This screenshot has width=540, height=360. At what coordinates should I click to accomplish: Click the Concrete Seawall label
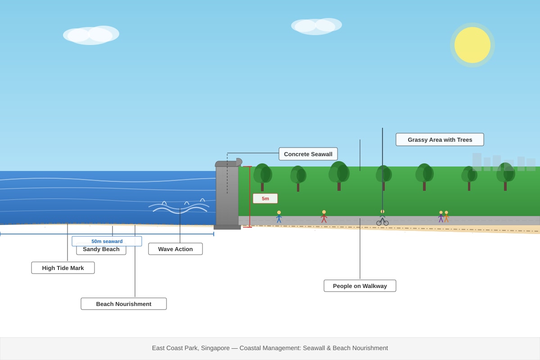pos(308,154)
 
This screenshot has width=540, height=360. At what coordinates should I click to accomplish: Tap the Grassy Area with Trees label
pos(440,139)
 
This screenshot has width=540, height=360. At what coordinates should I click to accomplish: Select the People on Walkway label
pos(360,286)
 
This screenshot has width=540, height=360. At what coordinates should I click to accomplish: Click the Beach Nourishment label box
pos(124,304)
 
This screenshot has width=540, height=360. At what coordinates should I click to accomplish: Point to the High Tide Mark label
pos(63,268)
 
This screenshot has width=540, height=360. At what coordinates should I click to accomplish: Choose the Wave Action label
pos(175,249)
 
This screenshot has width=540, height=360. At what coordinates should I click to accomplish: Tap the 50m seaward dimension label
pos(107,241)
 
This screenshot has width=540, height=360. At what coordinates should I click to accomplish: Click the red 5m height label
pos(265,198)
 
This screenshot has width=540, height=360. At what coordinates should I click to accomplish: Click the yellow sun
pos(472,45)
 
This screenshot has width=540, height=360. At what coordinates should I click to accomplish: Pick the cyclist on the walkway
pos(382,218)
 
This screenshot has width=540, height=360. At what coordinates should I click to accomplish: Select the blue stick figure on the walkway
pos(279,216)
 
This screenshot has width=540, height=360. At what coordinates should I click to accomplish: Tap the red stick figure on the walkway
pos(324,216)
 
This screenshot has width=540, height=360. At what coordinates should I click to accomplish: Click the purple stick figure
pos(441,216)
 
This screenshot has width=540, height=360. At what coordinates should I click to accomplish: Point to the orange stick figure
pos(446,216)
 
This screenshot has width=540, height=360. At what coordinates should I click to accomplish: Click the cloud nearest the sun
pos(316,26)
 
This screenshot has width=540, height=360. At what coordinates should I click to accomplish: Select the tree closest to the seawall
pos(262,176)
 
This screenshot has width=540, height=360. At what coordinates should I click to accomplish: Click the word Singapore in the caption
pos(215,348)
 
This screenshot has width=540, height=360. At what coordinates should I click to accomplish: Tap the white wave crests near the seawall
pos(179,207)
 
